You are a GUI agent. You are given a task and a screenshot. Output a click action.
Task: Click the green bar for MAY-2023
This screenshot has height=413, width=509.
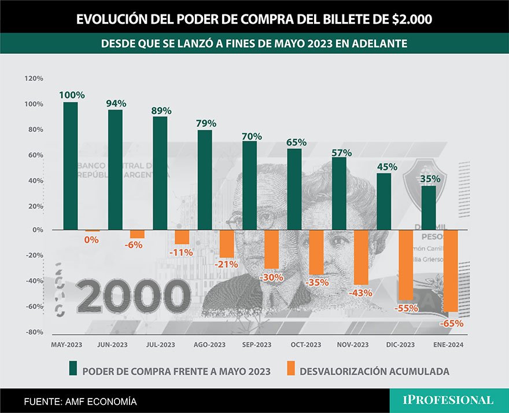(x=71, y=166)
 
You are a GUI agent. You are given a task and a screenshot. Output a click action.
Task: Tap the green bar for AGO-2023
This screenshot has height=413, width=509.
(x=205, y=180)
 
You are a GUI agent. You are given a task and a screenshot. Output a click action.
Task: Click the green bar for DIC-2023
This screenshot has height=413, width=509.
(x=384, y=201)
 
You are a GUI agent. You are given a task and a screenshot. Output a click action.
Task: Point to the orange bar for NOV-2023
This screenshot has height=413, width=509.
(x=362, y=257)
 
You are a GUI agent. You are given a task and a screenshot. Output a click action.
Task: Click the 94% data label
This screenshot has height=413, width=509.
(x=116, y=104)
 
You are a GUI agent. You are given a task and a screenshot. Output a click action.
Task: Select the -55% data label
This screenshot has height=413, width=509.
(x=406, y=309)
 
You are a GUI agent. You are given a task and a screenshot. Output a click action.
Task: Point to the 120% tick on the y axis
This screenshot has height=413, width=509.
(x=34, y=78)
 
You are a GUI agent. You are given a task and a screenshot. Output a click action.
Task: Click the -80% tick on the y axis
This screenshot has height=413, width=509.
(x=34, y=332)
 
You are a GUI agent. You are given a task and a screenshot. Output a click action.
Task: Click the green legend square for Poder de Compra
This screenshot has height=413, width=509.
(x=73, y=369)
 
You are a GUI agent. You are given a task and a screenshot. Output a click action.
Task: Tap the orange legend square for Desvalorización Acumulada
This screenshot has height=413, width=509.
(x=290, y=369)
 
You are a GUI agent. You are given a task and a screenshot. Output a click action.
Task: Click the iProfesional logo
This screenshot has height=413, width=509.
(x=448, y=400)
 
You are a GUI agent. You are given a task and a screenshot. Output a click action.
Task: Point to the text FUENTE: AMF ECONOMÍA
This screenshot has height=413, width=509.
(x=80, y=401)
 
